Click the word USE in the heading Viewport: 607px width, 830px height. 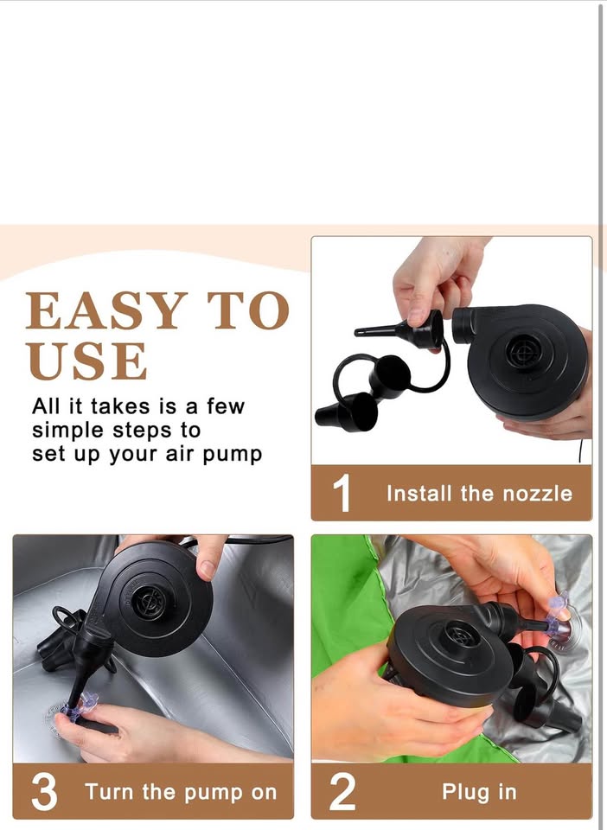coord(87,361)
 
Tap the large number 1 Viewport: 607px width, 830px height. coord(342,493)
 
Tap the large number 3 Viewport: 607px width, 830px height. coord(44,791)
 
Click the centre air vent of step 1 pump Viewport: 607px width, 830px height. coord(523,350)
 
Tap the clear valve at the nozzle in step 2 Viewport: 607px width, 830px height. coord(559,616)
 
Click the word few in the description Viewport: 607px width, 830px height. coord(226,406)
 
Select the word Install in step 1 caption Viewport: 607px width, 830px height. coord(419,494)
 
